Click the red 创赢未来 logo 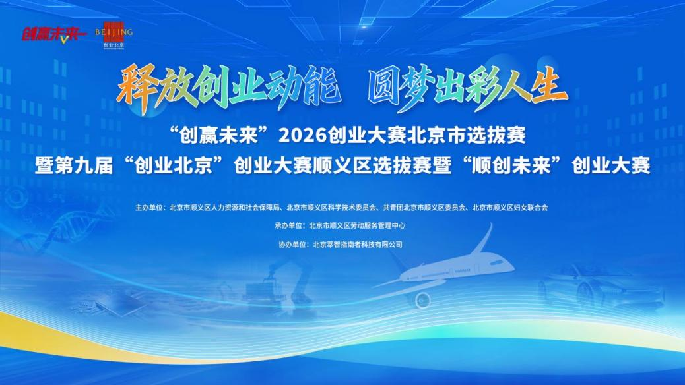[x=52, y=34]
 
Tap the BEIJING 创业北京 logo [x=114, y=35]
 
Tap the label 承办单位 [x=288, y=225]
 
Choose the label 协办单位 [x=292, y=245]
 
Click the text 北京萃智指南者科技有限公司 [x=358, y=245]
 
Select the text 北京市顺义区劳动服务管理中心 [x=357, y=225]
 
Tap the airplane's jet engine [x=422, y=299]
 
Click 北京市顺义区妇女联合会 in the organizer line [x=510, y=208]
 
